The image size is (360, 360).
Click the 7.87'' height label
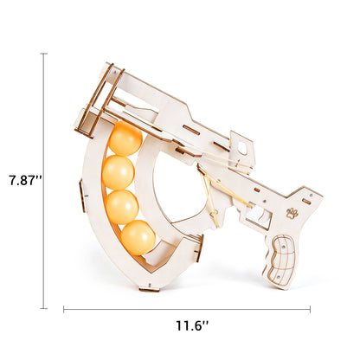click(x=26, y=181)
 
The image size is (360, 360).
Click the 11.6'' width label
click(x=192, y=326)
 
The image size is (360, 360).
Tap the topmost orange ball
click(x=125, y=138)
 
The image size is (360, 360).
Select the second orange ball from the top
click(x=119, y=172)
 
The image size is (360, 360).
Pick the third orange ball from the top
click(x=122, y=207)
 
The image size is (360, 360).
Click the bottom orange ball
click(x=138, y=237)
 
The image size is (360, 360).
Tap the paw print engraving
click(x=292, y=213)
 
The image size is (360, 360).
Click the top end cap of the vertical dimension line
click(x=43, y=54)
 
